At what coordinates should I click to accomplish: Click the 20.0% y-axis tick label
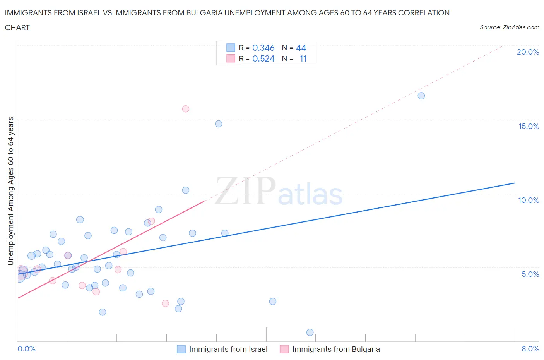pos(528,52)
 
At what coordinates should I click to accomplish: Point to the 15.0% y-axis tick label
pos(529,126)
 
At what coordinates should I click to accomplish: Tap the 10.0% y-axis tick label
pos(529,200)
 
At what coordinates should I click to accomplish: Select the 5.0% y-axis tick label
pos(530,274)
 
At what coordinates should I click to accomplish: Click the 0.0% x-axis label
pos(26,349)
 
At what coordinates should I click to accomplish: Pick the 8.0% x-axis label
pos(530,349)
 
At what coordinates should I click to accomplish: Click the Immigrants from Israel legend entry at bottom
pos(228,349)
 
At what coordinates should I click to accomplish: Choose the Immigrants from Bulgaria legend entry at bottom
pos(335,349)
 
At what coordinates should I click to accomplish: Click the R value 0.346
pos(263,48)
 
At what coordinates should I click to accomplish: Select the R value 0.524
pos(263,58)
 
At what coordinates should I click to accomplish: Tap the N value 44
pos(301,48)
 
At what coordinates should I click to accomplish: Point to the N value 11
pos(303,58)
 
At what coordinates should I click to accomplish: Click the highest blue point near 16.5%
pos(421,96)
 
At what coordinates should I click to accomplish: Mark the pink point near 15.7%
pos(186,109)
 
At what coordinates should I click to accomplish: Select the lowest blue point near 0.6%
pos(310,332)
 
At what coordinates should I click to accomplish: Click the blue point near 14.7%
pos(219,124)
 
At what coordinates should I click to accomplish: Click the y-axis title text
pos(10,191)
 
